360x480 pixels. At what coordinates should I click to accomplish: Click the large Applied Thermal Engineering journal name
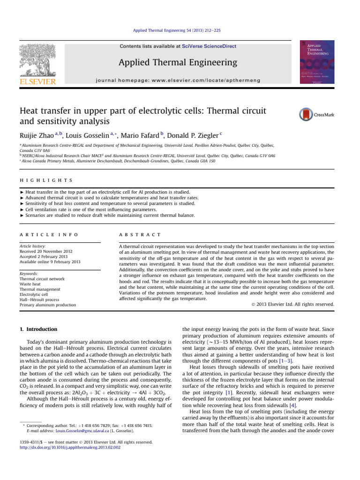[x=178, y=62]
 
